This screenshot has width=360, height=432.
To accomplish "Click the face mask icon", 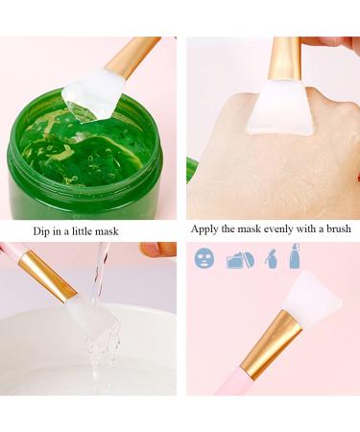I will (204, 258).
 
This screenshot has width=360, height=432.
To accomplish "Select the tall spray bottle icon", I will (295, 255).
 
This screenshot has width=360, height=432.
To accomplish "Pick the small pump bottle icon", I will (271, 258).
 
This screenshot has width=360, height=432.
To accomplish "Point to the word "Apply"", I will (206, 229).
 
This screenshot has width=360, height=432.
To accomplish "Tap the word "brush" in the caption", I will (334, 229).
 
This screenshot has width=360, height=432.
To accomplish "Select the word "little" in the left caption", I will (101, 230).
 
